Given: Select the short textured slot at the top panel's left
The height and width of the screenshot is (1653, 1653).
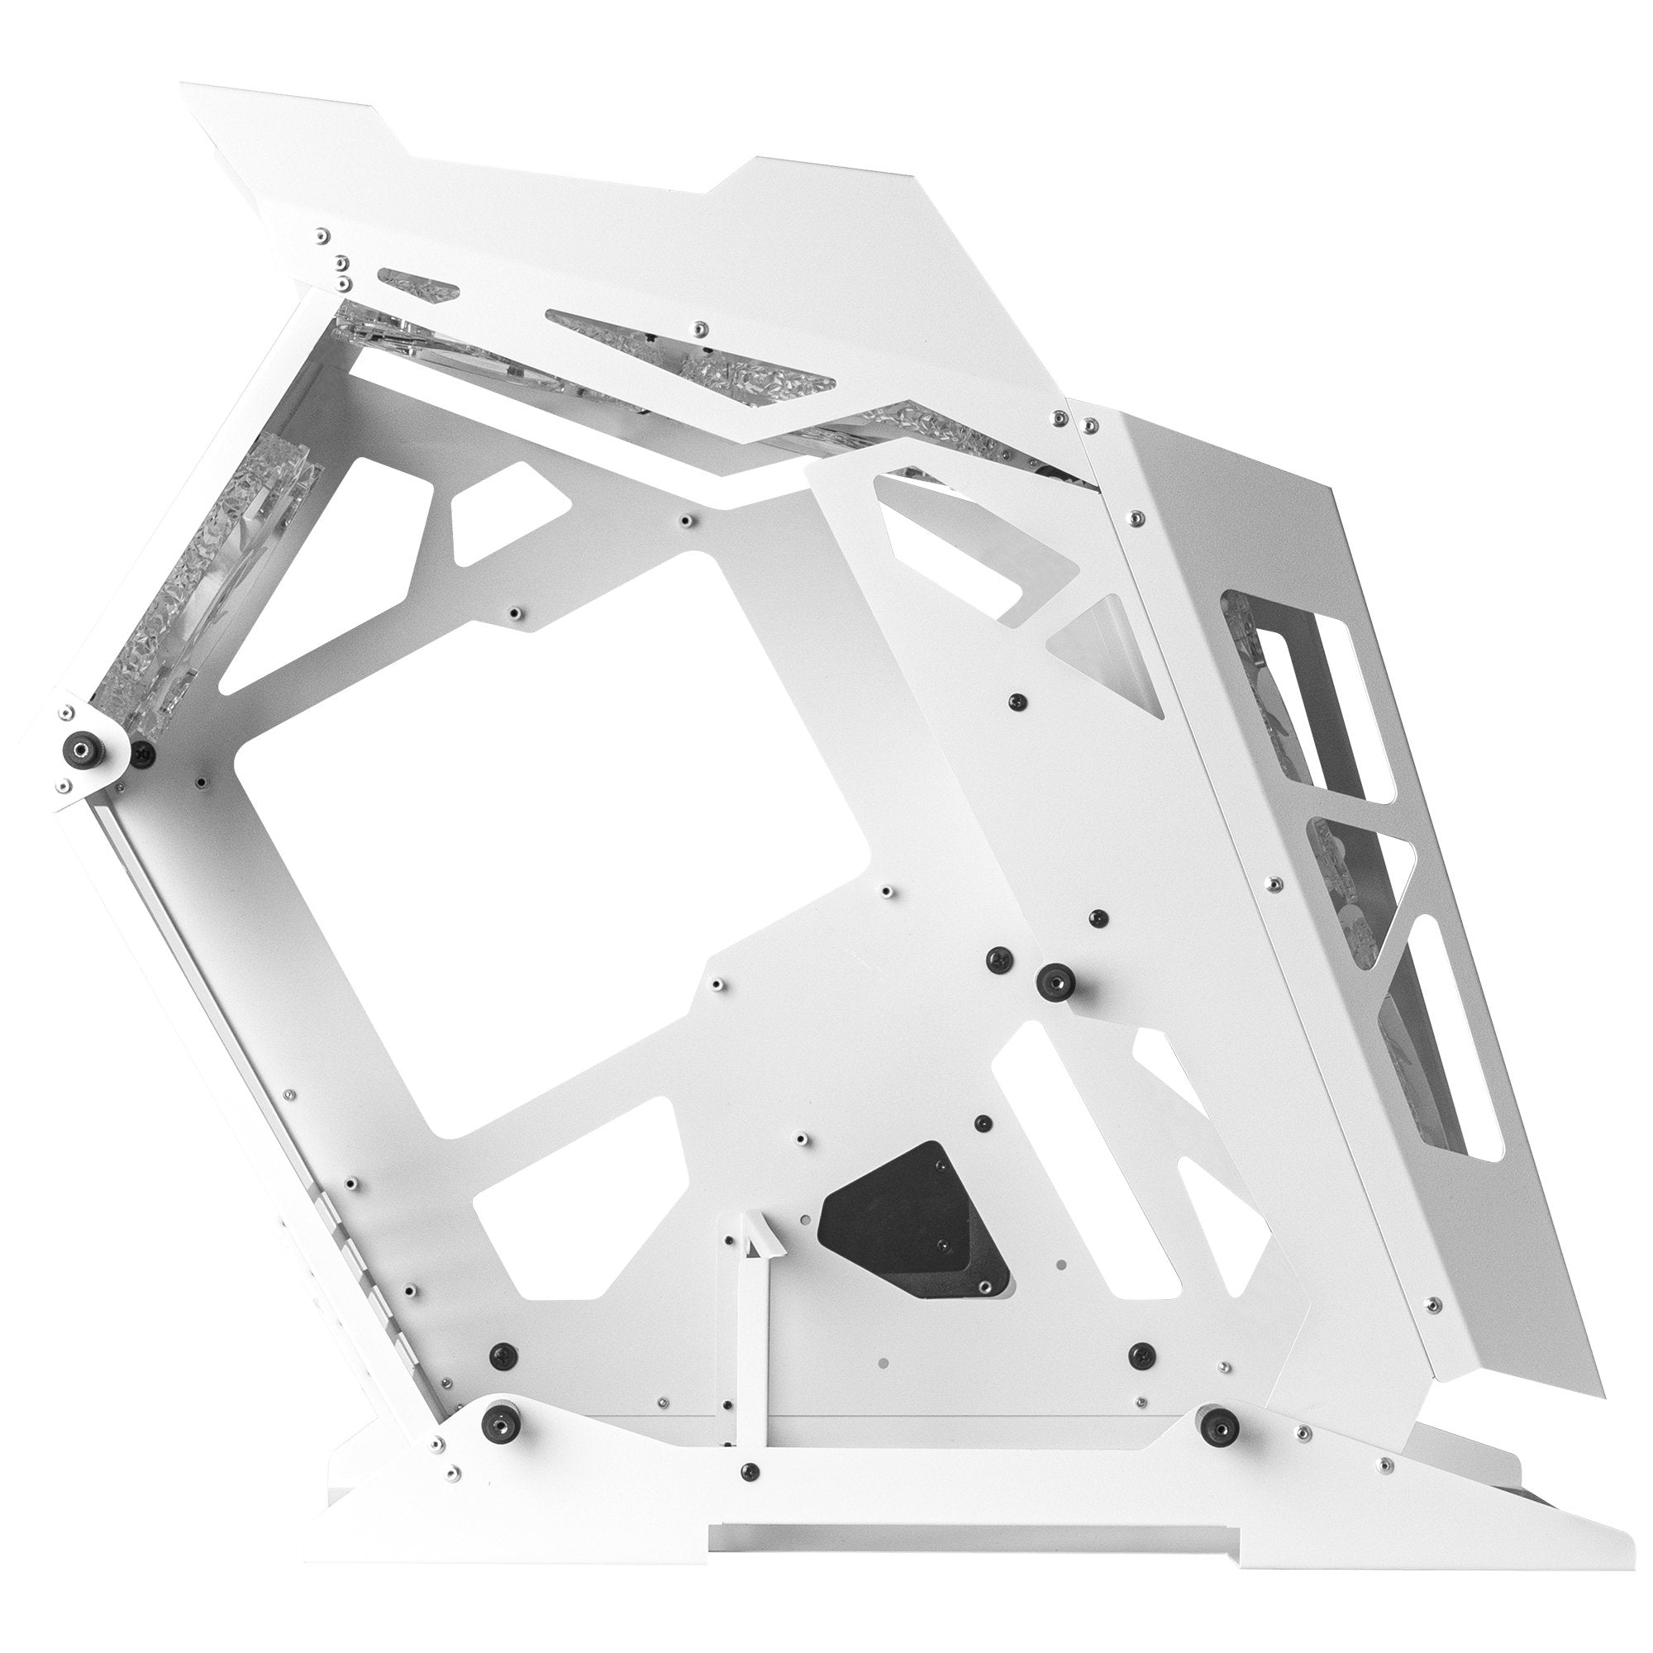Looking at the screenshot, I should [x=418, y=285].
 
